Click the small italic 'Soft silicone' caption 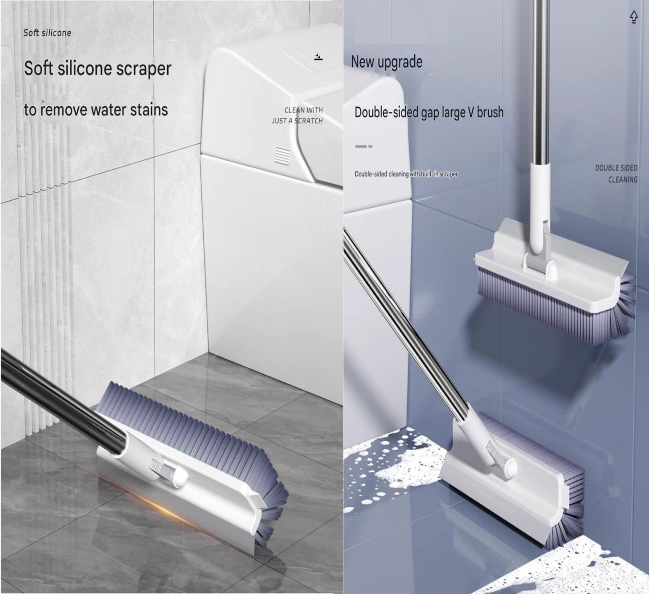tap(47, 33)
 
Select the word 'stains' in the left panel tap(149, 110)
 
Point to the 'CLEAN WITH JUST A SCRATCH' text tap(297, 115)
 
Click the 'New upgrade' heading tap(386, 62)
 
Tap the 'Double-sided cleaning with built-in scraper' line tap(407, 174)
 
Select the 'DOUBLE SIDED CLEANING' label tap(616, 174)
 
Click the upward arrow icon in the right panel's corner tap(633, 17)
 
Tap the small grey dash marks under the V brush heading tap(363, 146)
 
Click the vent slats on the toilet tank tap(282, 156)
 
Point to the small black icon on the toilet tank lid tap(318, 57)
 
